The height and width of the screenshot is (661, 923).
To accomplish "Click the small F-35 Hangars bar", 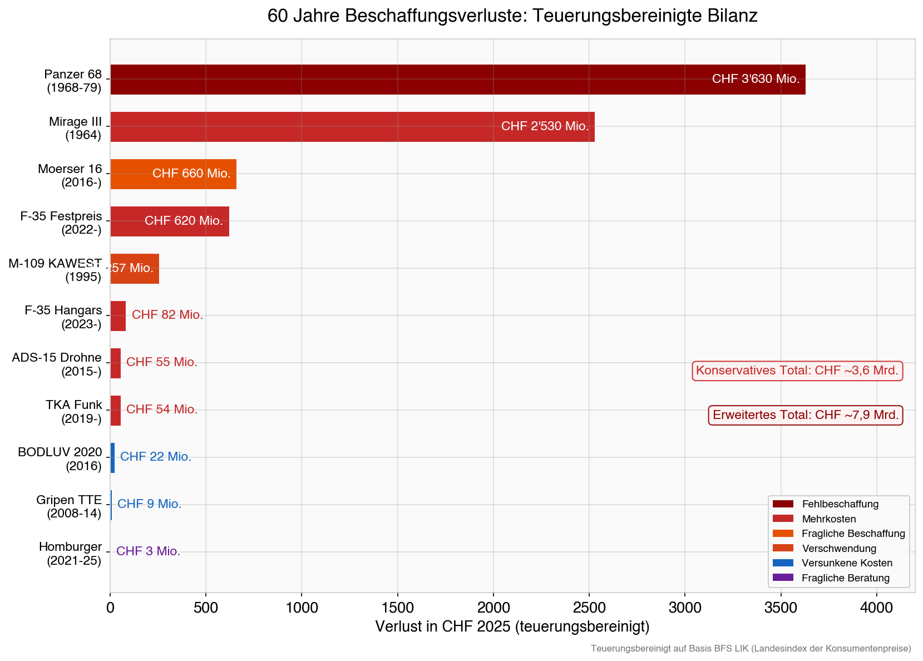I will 118,316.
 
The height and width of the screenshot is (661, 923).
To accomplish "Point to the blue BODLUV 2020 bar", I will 112,458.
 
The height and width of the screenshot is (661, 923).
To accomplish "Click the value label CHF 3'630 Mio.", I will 756,79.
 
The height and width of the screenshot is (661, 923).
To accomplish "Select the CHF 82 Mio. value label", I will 167,315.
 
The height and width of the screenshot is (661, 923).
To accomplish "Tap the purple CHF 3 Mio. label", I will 148,551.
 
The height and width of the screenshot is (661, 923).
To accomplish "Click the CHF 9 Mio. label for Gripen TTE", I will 149,504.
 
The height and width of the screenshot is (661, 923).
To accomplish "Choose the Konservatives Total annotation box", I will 797,371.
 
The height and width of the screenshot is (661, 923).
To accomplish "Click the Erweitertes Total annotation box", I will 805,415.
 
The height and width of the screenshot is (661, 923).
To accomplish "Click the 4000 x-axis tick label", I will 877,608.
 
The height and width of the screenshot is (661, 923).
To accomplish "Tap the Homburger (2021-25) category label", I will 70,554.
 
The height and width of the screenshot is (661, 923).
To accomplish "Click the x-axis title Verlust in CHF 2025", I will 512,627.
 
